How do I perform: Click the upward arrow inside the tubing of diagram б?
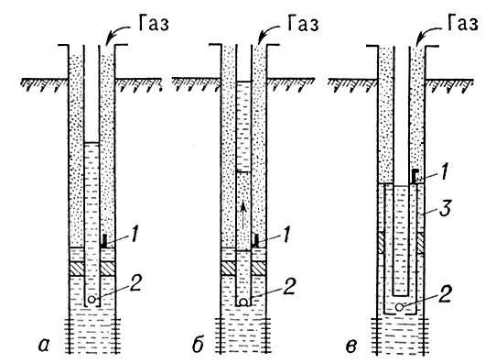click(242, 209)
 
